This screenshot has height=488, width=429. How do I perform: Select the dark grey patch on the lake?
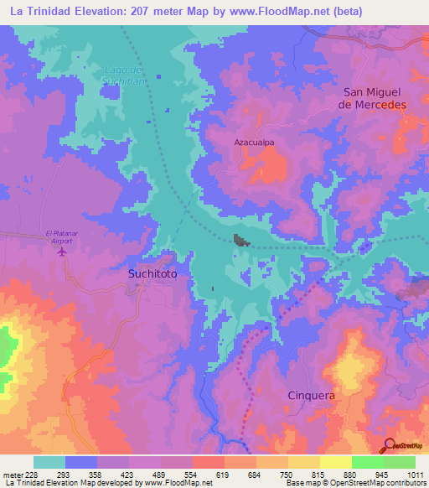tap(241, 241)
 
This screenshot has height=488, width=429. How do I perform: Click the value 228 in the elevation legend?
tap(33, 474)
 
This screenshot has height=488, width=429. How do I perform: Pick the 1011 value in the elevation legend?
tap(416, 474)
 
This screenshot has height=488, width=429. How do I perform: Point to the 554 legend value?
tap(193, 474)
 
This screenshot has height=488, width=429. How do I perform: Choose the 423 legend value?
tap(128, 474)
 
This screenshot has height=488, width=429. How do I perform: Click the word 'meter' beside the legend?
tap(12, 474)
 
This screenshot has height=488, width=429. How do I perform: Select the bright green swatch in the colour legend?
tap(367, 462)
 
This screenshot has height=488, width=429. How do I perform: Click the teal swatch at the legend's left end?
tap(49, 462)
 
